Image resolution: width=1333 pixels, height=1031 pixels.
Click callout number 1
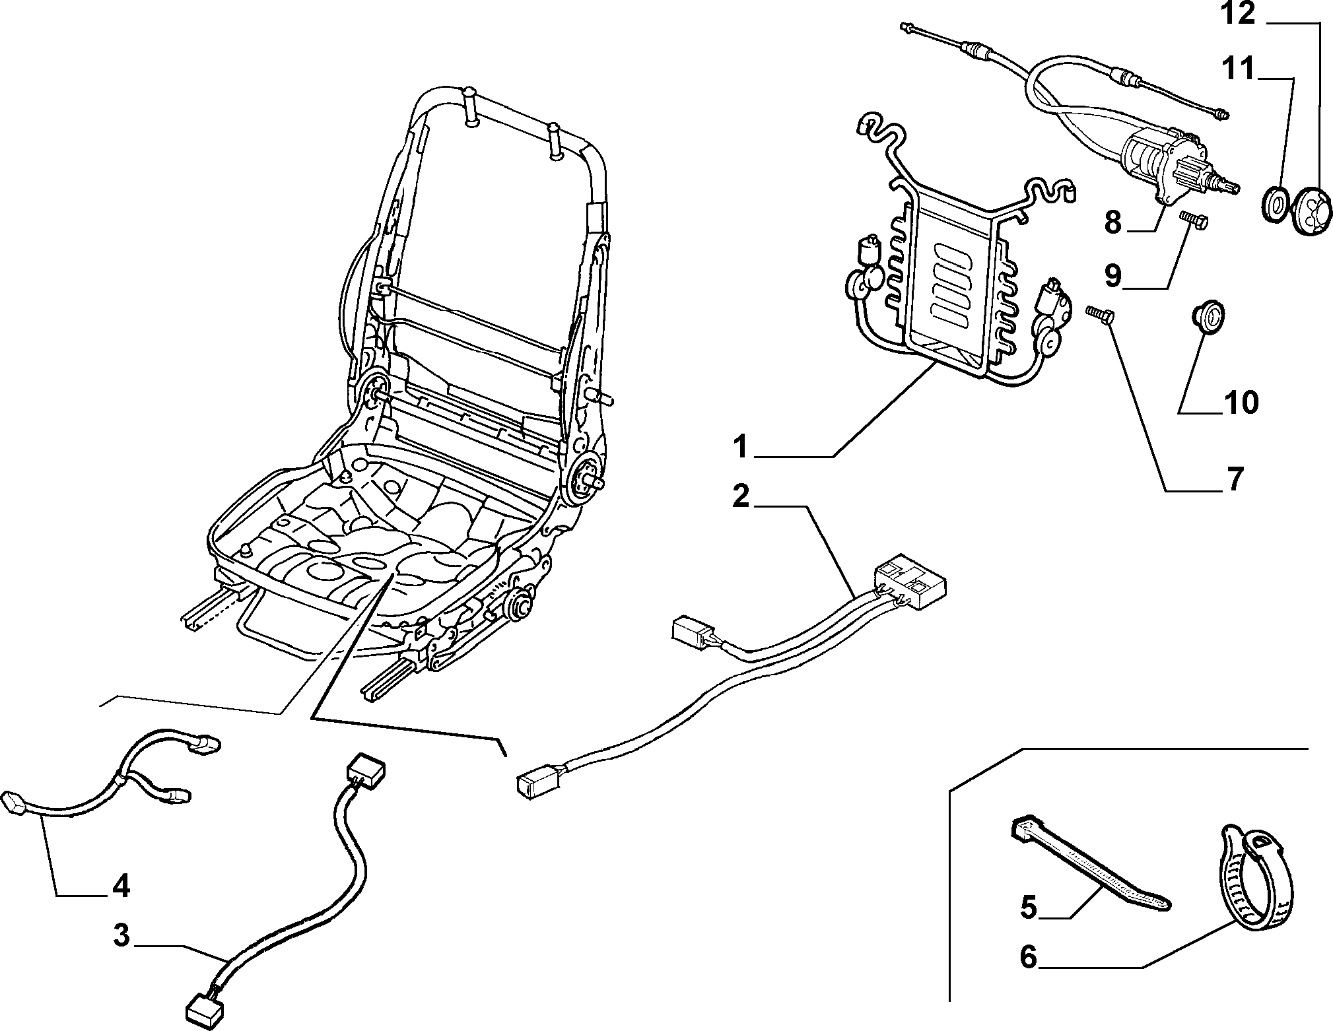click(742, 447)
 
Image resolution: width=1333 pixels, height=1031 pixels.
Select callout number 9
click(1113, 275)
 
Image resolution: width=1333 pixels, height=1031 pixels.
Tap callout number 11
click(1237, 69)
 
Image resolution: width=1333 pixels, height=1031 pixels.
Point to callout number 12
click(1237, 14)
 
